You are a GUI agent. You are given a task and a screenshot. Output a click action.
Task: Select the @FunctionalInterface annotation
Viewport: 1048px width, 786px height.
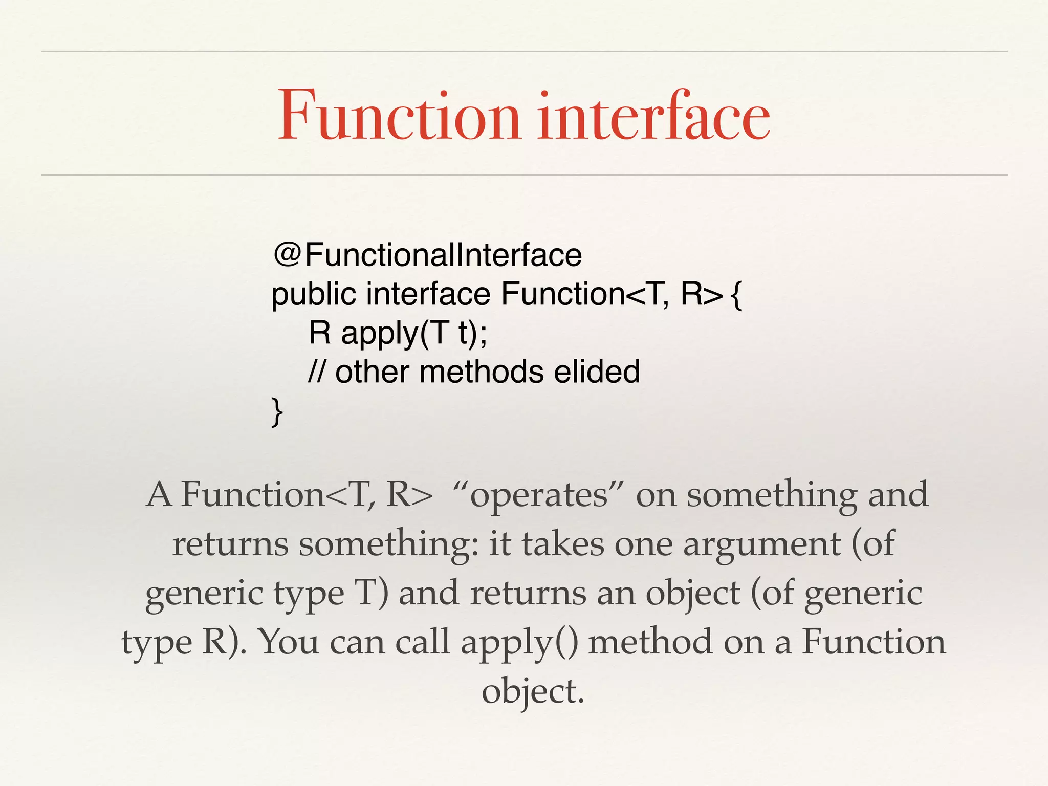428,255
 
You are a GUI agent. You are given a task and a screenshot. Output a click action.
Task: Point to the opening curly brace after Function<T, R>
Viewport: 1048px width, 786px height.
736,296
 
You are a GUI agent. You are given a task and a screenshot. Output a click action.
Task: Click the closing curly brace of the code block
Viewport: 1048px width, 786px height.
277,411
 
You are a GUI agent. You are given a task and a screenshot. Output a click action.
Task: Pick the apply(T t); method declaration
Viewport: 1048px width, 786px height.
414,334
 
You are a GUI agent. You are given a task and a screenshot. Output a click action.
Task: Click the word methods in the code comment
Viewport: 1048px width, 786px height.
481,372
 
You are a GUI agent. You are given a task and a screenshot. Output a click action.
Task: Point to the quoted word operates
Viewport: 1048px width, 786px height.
538,495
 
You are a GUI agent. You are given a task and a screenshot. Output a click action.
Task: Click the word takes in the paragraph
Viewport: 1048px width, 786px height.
563,544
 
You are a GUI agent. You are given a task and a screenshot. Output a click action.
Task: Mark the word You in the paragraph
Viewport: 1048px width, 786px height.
290,642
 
